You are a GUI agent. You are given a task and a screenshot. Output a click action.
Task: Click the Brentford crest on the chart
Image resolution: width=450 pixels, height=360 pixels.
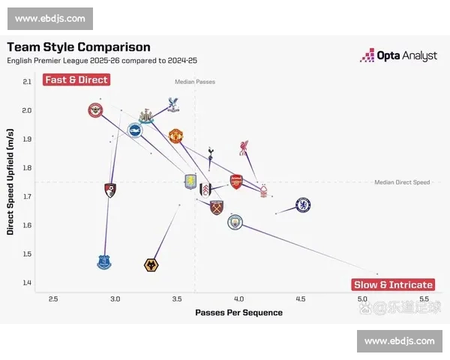tap(96, 111)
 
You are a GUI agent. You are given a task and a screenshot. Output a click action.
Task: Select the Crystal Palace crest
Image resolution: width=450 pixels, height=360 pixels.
tap(172, 105)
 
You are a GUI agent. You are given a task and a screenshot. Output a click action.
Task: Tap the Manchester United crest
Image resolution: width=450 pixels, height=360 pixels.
tap(175, 136)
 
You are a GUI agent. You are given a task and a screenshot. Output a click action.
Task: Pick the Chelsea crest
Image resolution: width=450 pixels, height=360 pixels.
tap(303, 205)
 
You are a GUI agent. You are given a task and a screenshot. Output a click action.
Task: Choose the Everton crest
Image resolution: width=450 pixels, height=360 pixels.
tap(104, 262)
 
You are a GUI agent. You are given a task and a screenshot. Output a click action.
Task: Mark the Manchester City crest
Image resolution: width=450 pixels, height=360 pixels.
tap(235, 221)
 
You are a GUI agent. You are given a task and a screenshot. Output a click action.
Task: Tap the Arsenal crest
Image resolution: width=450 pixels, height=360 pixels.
tap(236, 181)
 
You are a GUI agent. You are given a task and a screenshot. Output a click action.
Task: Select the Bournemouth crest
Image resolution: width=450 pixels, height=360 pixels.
tap(110, 190)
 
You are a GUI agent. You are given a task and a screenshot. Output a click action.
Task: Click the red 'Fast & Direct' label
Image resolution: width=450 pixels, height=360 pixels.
tap(76, 79)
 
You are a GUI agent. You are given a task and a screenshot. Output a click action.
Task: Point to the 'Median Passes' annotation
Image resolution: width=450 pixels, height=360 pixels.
tap(195, 81)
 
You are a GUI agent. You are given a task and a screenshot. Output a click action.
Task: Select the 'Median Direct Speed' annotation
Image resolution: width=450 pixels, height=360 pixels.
tap(402, 182)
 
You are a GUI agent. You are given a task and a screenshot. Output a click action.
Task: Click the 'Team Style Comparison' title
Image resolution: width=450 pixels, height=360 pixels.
tap(79, 46)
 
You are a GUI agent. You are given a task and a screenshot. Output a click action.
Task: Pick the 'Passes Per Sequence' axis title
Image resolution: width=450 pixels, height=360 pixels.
tap(238, 312)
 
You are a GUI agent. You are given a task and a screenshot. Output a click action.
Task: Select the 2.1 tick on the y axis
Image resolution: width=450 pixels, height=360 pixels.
tap(27, 82)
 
